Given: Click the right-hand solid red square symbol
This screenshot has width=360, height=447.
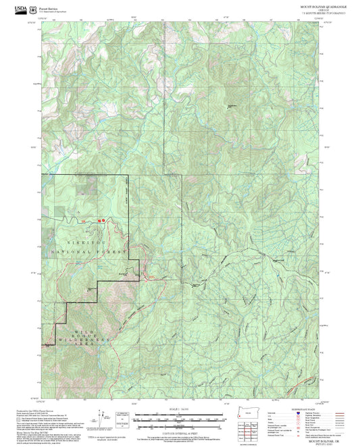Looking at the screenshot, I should pyautogui.click(x=104, y=220).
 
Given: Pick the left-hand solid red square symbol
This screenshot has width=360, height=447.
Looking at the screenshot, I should pyautogui.click(x=99, y=220).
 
